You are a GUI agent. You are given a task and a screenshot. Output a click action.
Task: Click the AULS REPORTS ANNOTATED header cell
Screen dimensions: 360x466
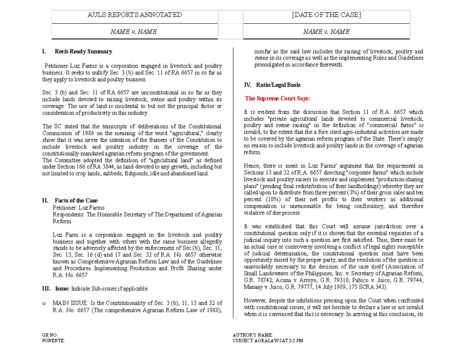(134, 15)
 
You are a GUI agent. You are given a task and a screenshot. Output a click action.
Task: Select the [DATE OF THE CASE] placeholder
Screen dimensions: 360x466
(326, 15)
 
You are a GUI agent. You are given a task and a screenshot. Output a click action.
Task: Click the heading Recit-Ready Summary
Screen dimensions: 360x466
(83, 52)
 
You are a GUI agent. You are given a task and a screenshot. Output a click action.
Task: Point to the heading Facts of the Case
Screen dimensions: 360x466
(76, 201)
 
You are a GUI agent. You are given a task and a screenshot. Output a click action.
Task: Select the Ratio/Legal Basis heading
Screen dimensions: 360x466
(277, 85)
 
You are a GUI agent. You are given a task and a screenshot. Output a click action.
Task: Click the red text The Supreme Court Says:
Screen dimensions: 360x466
(278, 99)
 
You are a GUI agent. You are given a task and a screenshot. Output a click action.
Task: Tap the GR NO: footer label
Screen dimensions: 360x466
(50, 335)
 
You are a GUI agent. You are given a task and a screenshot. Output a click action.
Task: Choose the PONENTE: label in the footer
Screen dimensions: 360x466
(53, 341)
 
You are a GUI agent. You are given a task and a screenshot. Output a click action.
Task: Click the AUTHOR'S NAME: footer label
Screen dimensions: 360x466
(252, 335)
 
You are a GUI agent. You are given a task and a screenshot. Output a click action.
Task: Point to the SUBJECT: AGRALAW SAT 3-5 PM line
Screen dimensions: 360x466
(268, 341)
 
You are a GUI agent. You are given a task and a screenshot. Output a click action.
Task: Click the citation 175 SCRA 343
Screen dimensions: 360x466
(367, 287)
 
